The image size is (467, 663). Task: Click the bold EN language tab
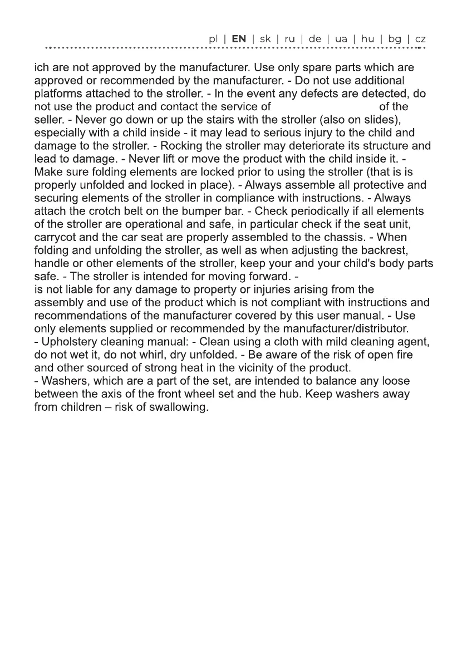[x=239, y=39]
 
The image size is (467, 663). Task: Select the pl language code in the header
[x=213, y=40]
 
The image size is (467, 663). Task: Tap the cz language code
[x=420, y=39]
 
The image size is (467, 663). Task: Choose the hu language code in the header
[x=367, y=39]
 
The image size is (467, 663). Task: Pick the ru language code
[x=289, y=39]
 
